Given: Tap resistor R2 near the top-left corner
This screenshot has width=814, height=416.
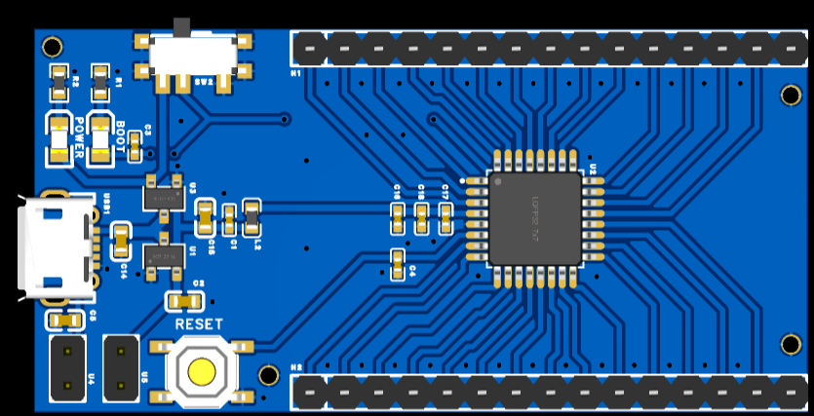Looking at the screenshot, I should pyautogui.click(x=60, y=83).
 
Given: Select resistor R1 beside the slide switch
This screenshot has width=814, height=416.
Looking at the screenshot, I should pyautogui.click(x=99, y=83).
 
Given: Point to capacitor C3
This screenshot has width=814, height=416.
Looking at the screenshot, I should pyautogui.click(x=135, y=147).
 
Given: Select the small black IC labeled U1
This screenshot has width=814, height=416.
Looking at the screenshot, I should pyautogui.click(x=163, y=257).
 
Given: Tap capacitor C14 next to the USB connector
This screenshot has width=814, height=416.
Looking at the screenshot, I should pyautogui.click(x=121, y=240).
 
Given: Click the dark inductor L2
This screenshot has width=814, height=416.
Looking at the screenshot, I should pyautogui.click(x=252, y=218).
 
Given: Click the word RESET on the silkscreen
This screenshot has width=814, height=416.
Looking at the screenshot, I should pyautogui.click(x=199, y=323).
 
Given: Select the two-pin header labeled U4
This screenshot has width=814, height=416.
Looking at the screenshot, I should pyautogui.click(x=67, y=367).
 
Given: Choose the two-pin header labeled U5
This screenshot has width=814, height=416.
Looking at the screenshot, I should pyautogui.click(x=122, y=367).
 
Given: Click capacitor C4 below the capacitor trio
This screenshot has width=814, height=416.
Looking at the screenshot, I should pyautogui.click(x=398, y=264).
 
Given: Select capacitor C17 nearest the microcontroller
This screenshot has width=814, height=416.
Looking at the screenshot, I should pyautogui.click(x=446, y=218).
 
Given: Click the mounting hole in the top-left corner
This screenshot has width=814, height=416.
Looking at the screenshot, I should pyautogui.click(x=52, y=47).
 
